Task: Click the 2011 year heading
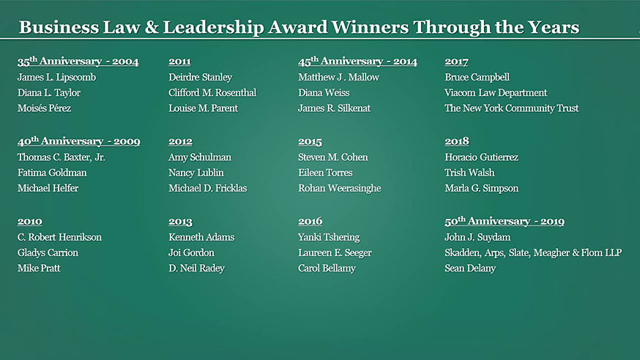click(x=179, y=61)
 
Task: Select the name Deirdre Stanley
click(x=201, y=77)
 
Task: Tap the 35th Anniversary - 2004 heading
click(x=78, y=61)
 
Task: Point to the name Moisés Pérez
click(x=44, y=108)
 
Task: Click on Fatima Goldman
click(x=52, y=173)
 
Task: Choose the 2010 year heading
click(x=30, y=222)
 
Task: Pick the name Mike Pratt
click(x=39, y=268)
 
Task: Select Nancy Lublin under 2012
click(x=196, y=173)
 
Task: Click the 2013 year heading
click(x=180, y=222)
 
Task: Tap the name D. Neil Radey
click(x=197, y=269)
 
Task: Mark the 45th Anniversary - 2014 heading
click(x=357, y=61)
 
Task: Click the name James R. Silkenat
click(x=335, y=108)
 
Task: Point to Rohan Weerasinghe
click(x=340, y=188)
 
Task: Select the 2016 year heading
click(x=310, y=222)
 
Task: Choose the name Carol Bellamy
click(x=327, y=269)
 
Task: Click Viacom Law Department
click(x=496, y=93)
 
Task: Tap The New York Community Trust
click(x=512, y=108)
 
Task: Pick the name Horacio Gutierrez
click(x=482, y=157)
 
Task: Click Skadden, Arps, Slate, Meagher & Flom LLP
click(x=533, y=252)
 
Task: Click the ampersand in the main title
click(x=152, y=27)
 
